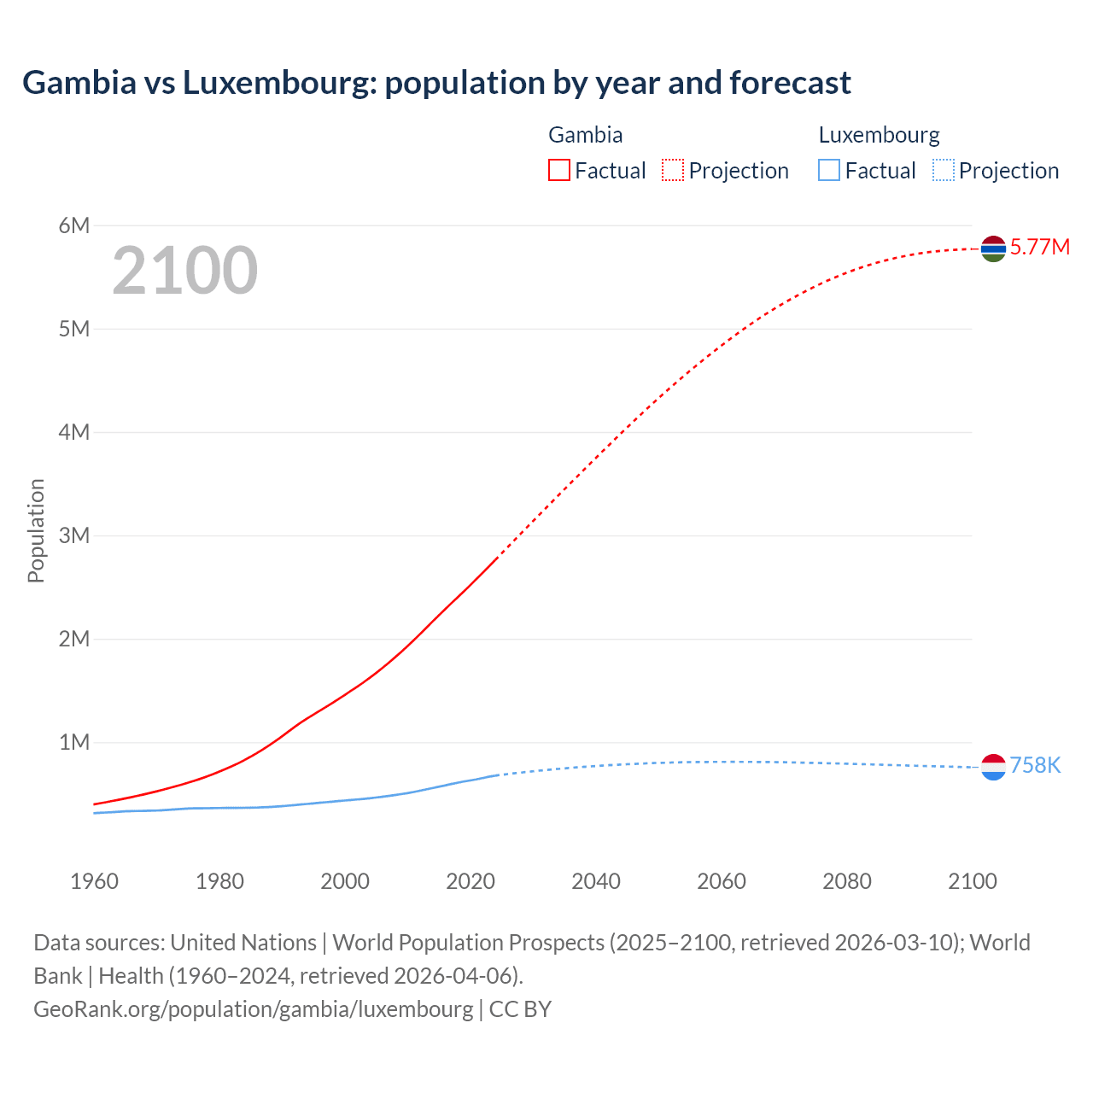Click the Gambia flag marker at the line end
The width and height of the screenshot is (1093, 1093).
(x=993, y=248)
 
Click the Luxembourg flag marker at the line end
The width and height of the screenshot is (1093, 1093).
(x=993, y=768)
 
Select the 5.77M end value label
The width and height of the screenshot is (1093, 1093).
(x=1039, y=248)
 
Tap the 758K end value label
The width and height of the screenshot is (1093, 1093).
(x=1035, y=766)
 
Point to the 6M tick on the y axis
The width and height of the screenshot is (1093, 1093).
(x=74, y=225)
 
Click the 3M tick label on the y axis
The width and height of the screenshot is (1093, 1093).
(x=74, y=535)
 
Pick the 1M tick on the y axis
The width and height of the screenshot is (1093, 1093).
(x=74, y=742)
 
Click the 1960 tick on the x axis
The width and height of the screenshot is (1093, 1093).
(x=94, y=881)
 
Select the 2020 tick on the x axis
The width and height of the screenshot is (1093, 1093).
(x=471, y=881)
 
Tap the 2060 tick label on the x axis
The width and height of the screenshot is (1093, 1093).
(x=722, y=881)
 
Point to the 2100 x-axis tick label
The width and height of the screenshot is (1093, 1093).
(x=972, y=881)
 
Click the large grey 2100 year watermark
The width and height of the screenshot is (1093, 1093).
(x=184, y=271)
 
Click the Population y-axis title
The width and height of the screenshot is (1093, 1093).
(x=36, y=530)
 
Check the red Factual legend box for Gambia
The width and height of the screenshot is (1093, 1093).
(x=558, y=170)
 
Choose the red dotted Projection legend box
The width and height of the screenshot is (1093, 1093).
(x=673, y=170)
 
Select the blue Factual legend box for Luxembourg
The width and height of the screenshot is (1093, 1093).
(x=829, y=170)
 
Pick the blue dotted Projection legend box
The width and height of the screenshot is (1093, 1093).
(x=943, y=170)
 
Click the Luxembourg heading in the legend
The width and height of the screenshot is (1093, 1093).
(x=879, y=135)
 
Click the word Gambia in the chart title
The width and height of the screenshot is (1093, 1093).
(x=79, y=83)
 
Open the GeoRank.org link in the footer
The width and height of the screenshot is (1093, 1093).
(x=253, y=1009)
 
